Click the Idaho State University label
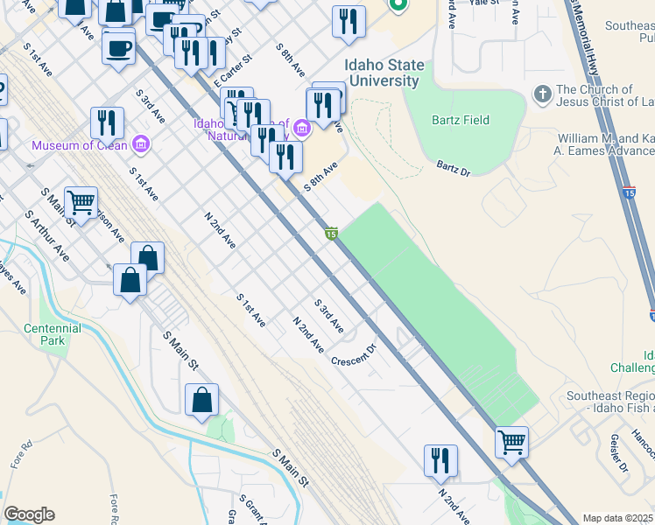pos(384,73)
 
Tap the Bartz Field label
pos(460,119)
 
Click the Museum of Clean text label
pos(81,145)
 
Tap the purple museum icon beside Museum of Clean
pos(140,144)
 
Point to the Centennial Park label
pos(53,334)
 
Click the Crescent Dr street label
pos(353,353)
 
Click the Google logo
pos(29,514)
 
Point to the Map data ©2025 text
pos(618,518)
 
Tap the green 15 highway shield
pos(331,233)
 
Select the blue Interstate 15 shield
pos(629,191)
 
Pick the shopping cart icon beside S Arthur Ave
pos(81,203)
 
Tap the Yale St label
pos(483,3)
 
